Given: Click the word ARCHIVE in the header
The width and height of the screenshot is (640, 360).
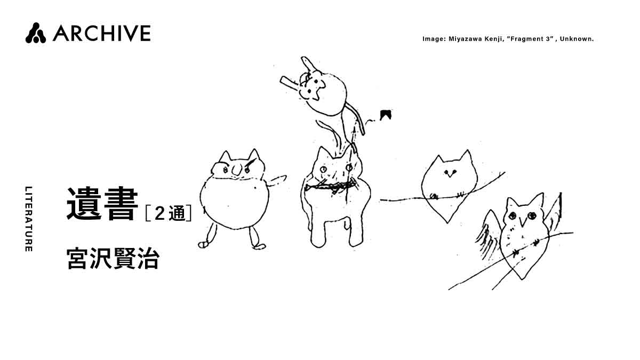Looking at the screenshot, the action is (x=102, y=33).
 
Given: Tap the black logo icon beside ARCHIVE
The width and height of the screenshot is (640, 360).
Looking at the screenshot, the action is (x=35, y=33).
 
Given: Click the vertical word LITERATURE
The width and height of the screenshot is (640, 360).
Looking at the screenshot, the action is (x=29, y=219).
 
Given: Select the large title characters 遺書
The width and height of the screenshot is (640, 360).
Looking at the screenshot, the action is (x=102, y=203).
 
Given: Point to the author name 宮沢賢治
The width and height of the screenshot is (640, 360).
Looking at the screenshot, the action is (x=113, y=259).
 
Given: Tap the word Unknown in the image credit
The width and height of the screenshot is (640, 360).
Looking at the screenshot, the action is (x=577, y=39).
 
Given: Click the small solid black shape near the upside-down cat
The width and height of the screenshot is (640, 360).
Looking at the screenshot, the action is (x=385, y=115).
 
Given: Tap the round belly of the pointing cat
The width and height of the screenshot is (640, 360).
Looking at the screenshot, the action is (x=234, y=204).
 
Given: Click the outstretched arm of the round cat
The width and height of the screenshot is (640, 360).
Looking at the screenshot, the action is (x=277, y=181).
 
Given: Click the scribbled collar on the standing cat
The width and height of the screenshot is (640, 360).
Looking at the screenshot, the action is (x=331, y=187).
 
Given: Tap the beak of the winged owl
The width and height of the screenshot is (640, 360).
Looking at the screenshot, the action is (x=523, y=222).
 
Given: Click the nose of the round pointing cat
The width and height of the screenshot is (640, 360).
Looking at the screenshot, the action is (x=237, y=170).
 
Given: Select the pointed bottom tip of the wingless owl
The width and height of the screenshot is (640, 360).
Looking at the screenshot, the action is (x=447, y=222).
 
